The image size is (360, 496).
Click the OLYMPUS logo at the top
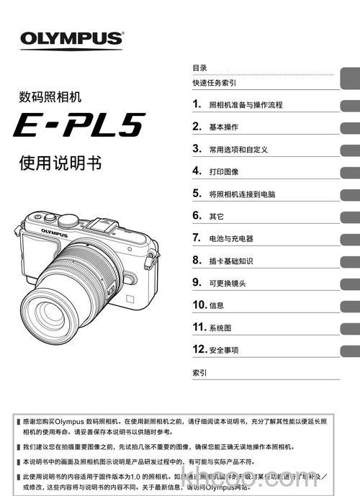(71, 38)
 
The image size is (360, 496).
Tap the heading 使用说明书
(60, 163)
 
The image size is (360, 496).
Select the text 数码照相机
(50, 95)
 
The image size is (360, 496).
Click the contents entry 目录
(199, 67)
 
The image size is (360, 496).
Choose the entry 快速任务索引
(215, 83)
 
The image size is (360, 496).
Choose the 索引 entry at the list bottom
(199, 373)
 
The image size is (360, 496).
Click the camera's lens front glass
(66, 302)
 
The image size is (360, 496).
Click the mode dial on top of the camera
(69, 220)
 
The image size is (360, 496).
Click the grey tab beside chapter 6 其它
(351, 217)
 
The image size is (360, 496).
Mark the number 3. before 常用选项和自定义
(196, 149)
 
